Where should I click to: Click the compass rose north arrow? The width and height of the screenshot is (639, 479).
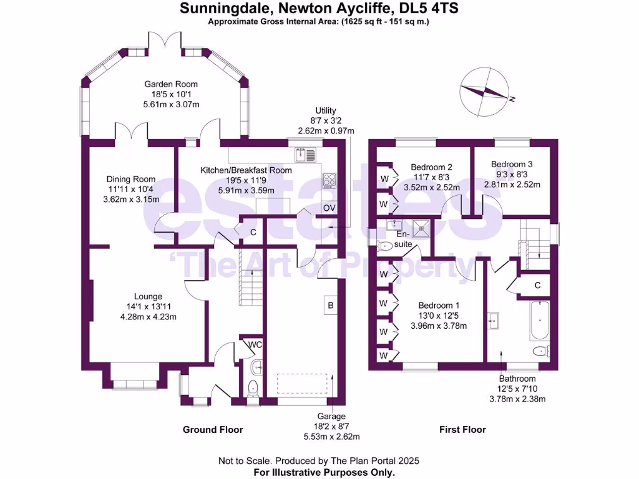tap(484, 92)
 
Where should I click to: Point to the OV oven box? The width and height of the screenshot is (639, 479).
tap(328, 208)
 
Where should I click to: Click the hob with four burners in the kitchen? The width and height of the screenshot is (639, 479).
tap(329, 180)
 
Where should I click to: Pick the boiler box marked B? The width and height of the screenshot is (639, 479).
tap(330, 306)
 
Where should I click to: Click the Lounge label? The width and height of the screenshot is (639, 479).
tap(148, 296)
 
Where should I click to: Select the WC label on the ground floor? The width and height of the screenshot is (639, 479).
tap(255, 344)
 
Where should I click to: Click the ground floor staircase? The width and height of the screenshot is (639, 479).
tap(251, 287)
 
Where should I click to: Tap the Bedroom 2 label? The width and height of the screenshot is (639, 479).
tap(431, 167)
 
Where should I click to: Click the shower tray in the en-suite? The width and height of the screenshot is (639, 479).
tap(424, 228)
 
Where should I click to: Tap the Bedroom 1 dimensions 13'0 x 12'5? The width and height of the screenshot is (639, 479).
tap(439, 316)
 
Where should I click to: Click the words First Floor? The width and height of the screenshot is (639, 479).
tap(462, 429)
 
